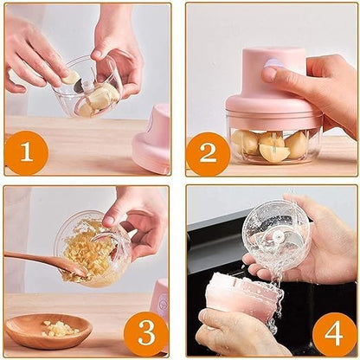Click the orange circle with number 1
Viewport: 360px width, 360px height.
tap(26, 152)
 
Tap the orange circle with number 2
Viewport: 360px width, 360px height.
tap(208, 153)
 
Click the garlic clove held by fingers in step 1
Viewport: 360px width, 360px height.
tap(70, 78)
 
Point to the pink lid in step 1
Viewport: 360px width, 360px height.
tap(152, 138)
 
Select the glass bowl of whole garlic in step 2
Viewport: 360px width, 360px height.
tap(272, 142)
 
